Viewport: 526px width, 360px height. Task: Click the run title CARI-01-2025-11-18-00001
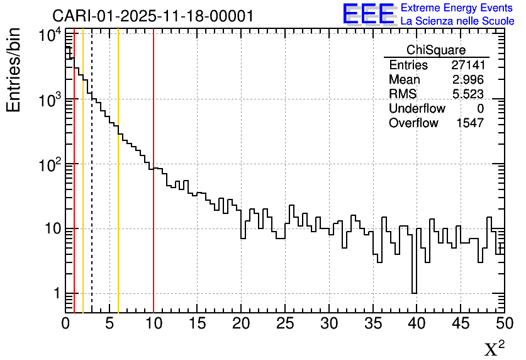click(x=153, y=16)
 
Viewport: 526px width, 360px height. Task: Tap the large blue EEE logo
click(x=369, y=14)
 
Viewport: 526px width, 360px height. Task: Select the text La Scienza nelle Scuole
click(x=457, y=21)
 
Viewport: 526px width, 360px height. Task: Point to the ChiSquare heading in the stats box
click(x=436, y=50)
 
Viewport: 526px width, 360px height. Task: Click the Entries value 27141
click(x=467, y=65)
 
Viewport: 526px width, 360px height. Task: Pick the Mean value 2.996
click(x=467, y=80)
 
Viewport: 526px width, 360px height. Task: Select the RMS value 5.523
click(x=467, y=94)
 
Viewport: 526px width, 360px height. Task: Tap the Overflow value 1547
click(x=469, y=123)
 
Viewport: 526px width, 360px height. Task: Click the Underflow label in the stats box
click(x=417, y=109)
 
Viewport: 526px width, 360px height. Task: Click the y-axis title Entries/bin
click(x=14, y=70)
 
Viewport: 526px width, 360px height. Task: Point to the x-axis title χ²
click(x=493, y=348)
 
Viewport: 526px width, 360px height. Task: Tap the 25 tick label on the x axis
click(x=286, y=324)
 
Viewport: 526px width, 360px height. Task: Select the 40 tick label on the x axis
click(x=417, y=324)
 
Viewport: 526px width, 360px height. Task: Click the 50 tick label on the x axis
click(x=503, y=324)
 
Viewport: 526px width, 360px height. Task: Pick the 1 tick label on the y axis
click(x=56, y=294)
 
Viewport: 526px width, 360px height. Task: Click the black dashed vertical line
click(x=92, y=189)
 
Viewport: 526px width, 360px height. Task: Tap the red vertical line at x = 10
click(x=154, y=239)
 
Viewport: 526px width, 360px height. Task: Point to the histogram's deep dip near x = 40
click(x=415, y=277)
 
